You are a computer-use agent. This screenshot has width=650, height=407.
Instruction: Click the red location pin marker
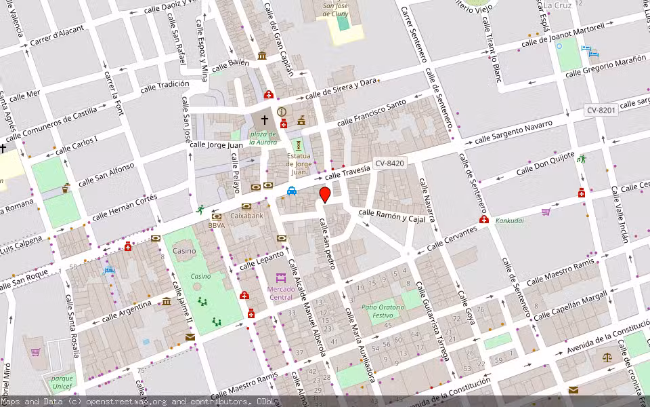click(325, 195)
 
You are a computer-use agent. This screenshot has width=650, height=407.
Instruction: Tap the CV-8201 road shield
click(601, 109)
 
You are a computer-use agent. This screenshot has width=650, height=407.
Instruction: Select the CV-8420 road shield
click(390, 163)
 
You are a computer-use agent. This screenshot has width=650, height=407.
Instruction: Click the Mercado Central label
click(280, 293)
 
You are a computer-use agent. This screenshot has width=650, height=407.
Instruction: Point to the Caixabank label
click(247, 216)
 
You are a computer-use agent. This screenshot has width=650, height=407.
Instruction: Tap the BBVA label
click(217, 225)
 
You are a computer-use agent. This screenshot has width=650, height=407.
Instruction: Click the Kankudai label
click(509, 220)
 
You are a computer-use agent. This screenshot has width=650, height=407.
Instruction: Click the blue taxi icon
click(291, 191)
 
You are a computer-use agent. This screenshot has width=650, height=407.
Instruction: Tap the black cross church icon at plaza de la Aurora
click(264, 121)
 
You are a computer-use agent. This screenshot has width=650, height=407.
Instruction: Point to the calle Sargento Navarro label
click(513, 133)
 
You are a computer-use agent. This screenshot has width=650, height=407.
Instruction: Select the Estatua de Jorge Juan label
click(298, 160)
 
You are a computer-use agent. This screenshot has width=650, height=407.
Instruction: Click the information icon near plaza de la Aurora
click(282, 112)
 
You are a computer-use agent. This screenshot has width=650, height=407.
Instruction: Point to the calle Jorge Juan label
click(215, 144)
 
